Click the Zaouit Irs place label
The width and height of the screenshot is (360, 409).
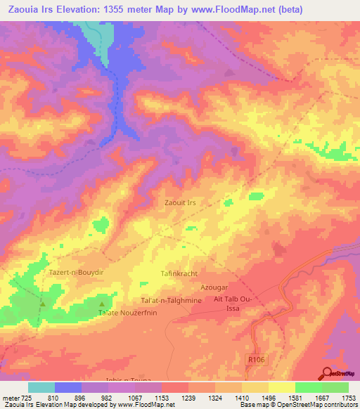pos(180,202)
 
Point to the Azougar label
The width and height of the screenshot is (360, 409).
pos(216,288)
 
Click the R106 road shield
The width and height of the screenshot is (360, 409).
pos(258,359)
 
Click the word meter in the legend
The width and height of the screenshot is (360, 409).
pos(9,398)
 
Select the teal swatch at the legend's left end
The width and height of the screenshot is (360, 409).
pos(41,387)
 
